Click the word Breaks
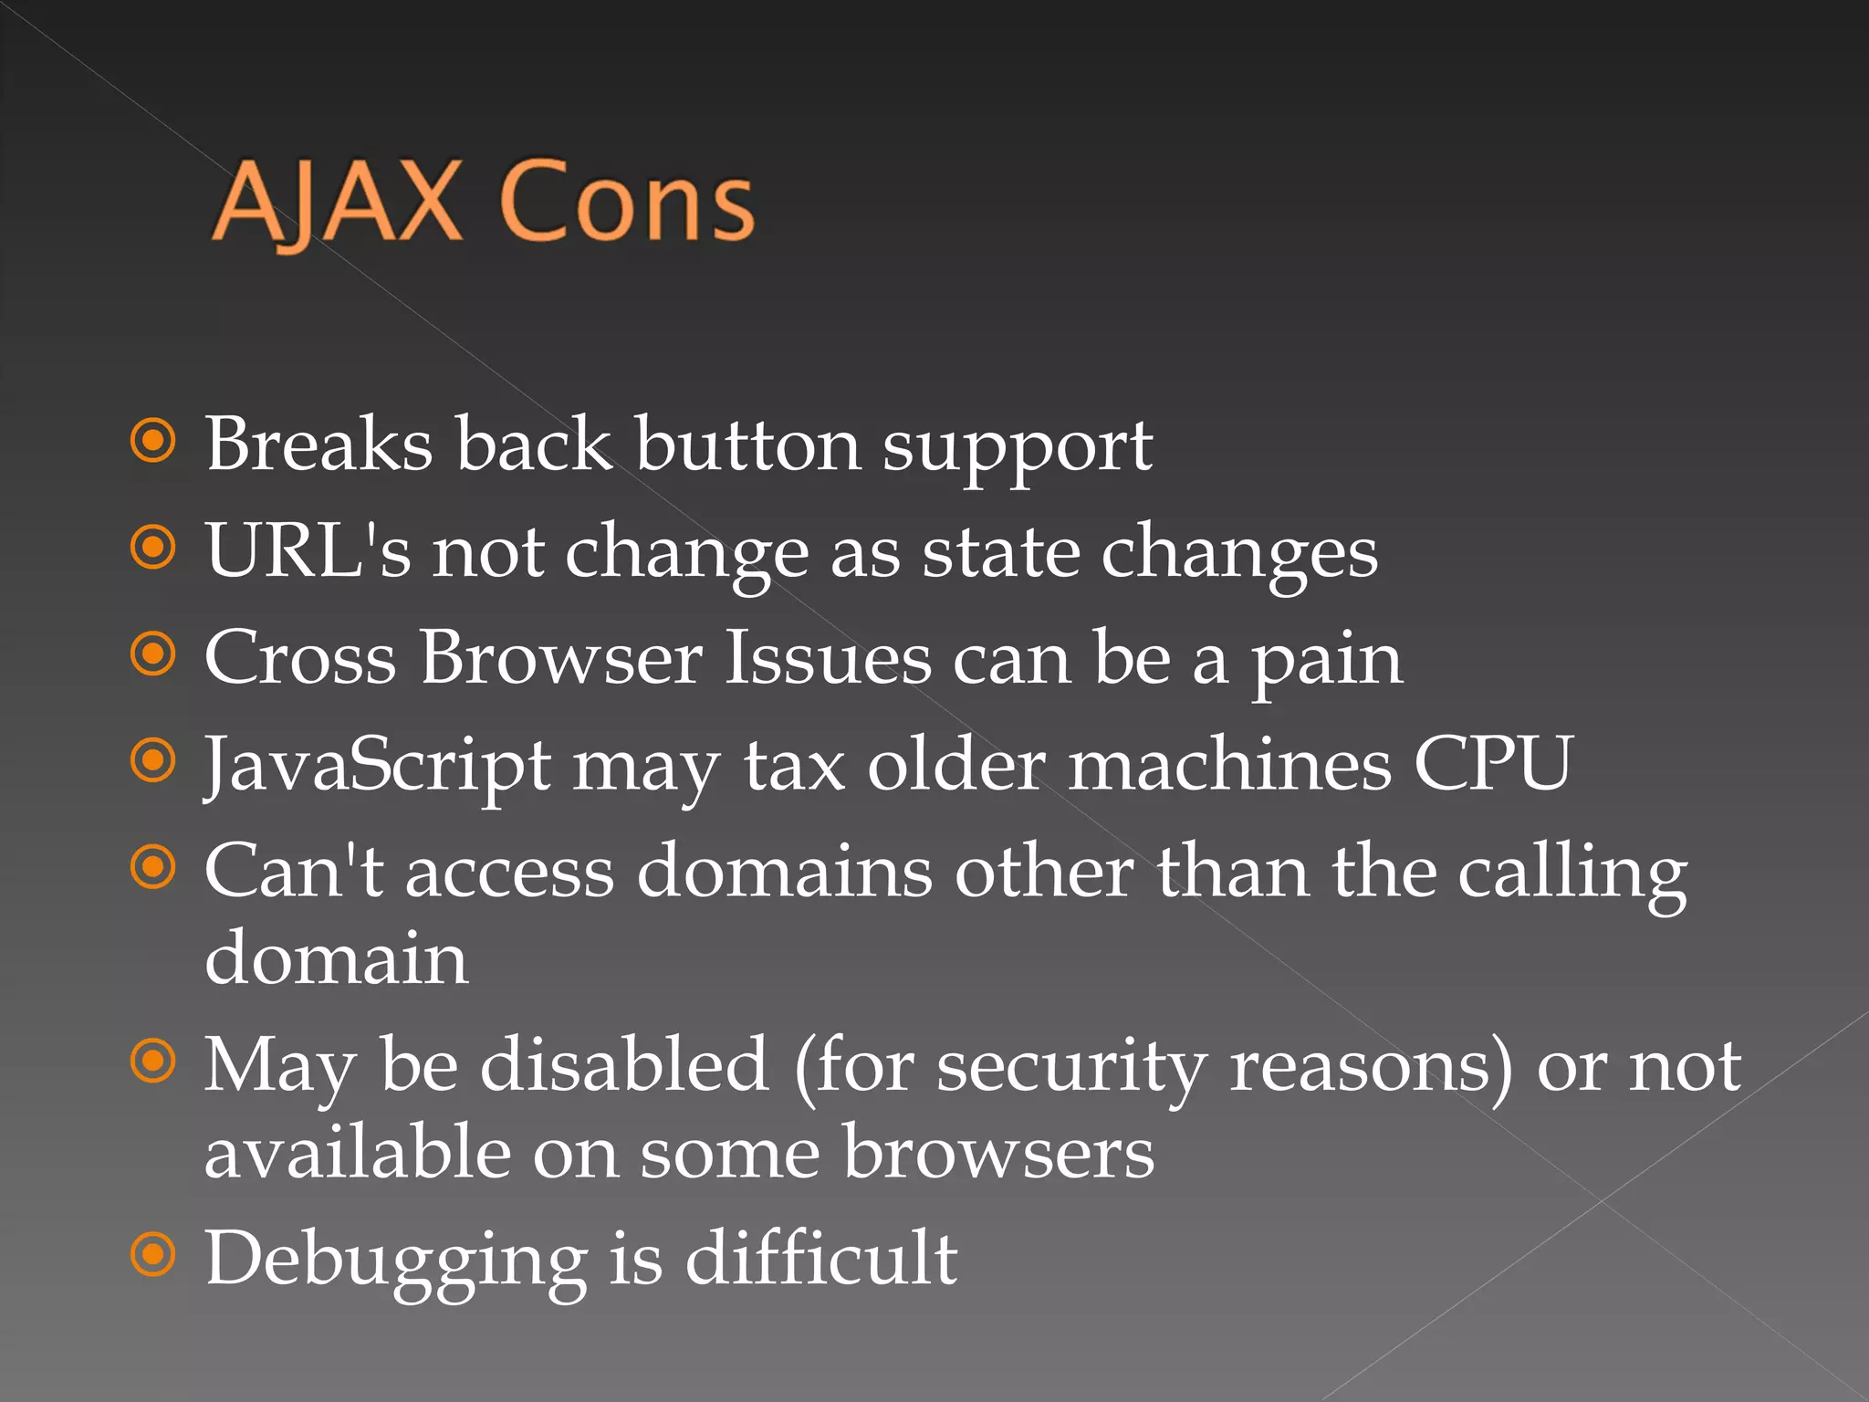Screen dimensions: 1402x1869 coord(318,445)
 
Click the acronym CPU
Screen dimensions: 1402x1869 coord(1493,763)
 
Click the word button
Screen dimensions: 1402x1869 coord(747,445)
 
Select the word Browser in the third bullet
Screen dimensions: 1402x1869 coord(561,657)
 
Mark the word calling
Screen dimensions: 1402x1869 coord(1571,872)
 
